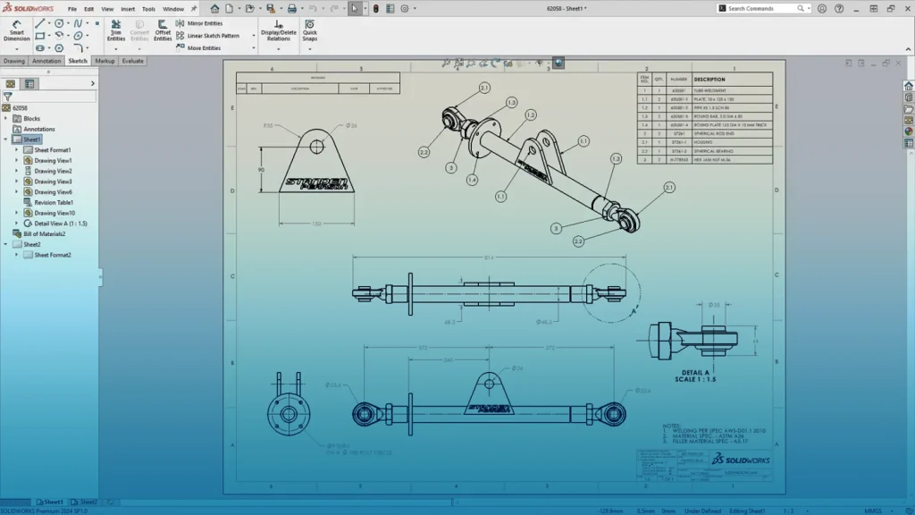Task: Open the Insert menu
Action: point(128,9)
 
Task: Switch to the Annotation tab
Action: point(46,61)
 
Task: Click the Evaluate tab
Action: point(132,61)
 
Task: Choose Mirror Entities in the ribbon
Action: point(205,23)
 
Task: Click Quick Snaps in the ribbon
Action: point(309,30)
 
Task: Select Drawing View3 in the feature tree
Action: point(53,182)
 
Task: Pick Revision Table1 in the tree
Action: point(53,202)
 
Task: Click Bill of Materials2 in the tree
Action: point(44,233)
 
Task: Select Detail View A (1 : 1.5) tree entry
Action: point(61,224)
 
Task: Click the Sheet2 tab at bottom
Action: point(88,502)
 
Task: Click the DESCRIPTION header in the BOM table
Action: point(709,80)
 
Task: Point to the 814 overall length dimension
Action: point(488,257)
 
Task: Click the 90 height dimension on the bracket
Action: point(261,169)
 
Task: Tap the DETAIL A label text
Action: point(695,372)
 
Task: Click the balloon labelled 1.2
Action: point(530,115)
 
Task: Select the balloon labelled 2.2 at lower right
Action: point(579,241)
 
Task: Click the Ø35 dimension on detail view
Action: point(714,305)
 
